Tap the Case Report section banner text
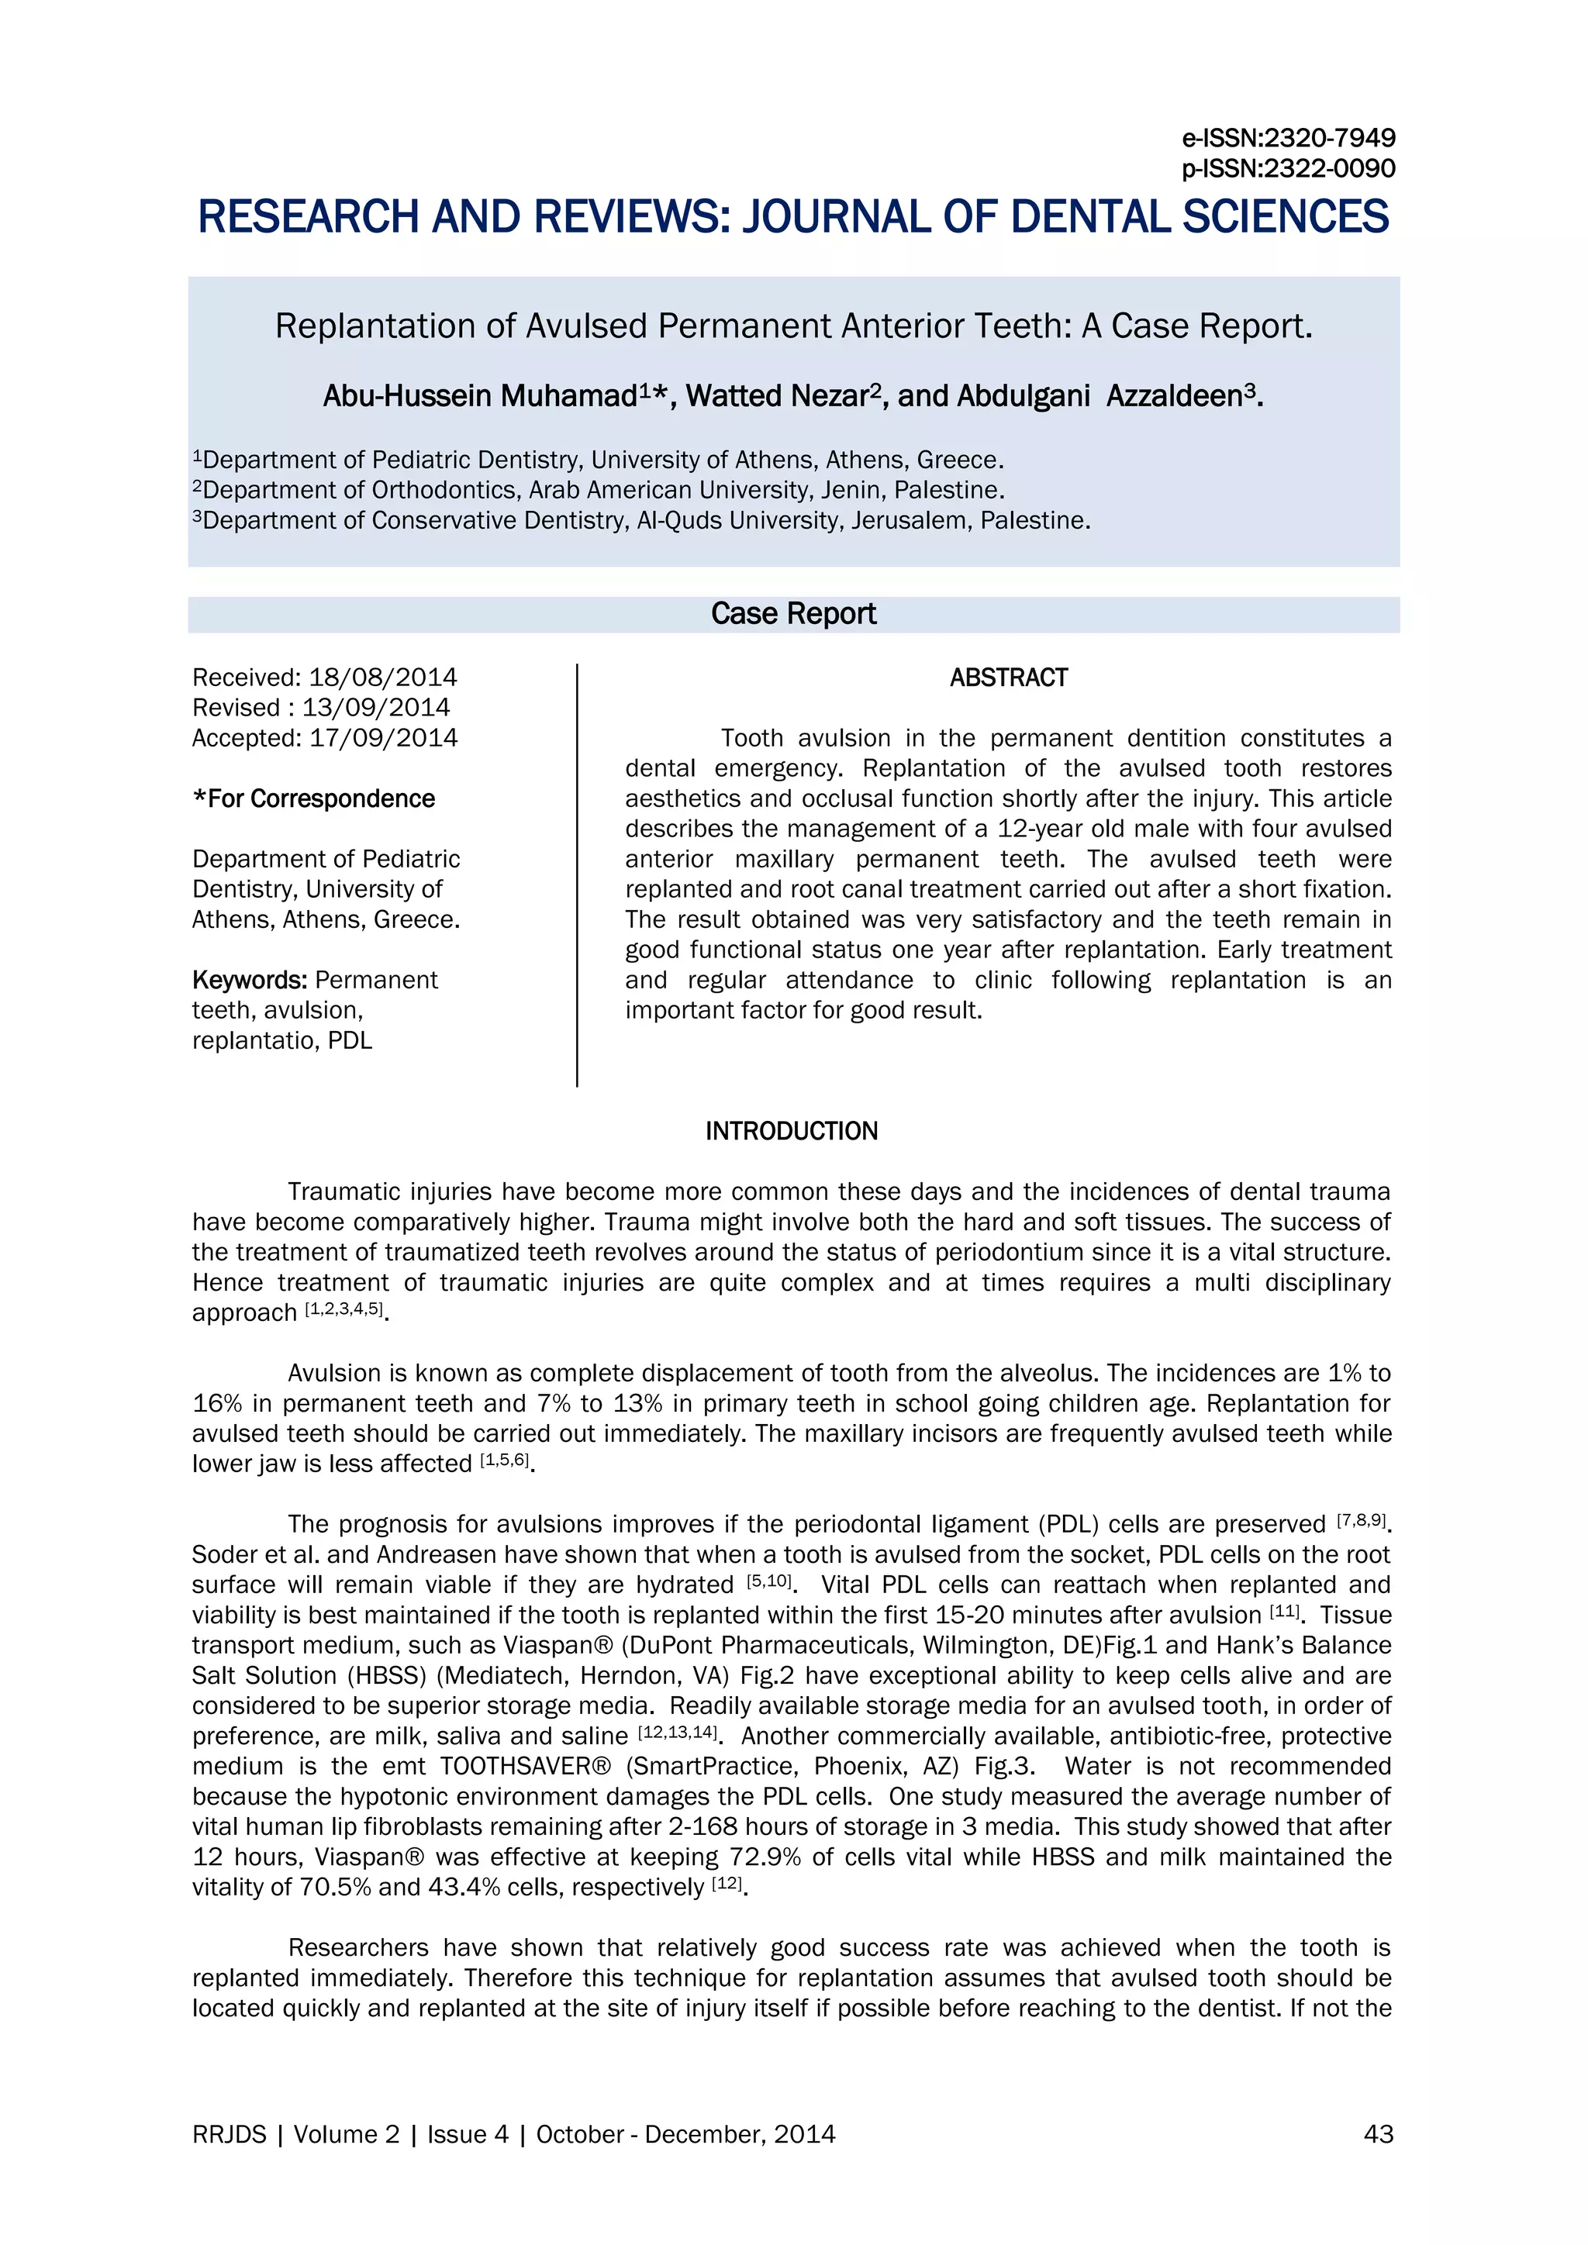tap(793, 614)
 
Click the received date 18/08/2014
tap(382, 678)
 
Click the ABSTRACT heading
tap(1008, 678)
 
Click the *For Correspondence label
tap(314, 799)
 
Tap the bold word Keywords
tap(250, 980)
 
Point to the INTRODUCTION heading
tap(791, 1131)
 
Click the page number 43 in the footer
tap(1377, 2134)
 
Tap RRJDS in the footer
tap(229, 2134)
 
